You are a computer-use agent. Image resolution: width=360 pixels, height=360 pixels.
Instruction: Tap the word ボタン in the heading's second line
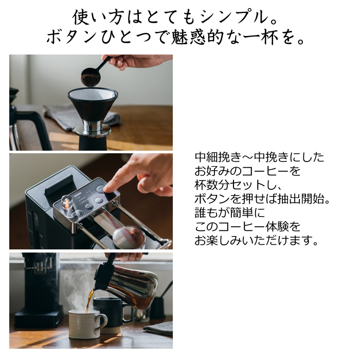(71, 37)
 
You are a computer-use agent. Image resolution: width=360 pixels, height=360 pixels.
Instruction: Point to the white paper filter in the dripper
(93, 94)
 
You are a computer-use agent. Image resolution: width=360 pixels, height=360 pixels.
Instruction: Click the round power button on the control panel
(76, 215)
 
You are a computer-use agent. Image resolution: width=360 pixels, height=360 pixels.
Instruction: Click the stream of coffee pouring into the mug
(89, 301)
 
